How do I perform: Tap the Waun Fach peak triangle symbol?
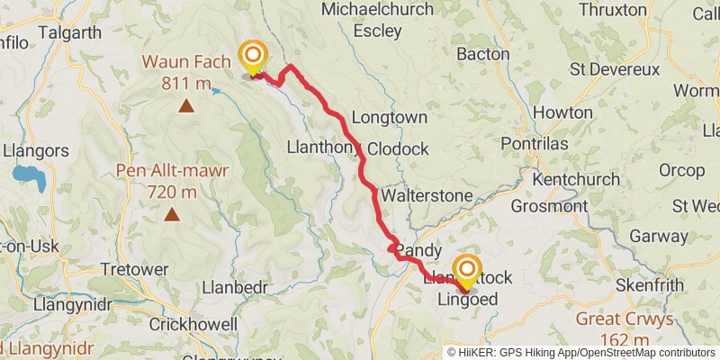tap(186, 106)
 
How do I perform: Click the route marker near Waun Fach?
tap(252, 58)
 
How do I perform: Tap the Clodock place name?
tap(398, 148)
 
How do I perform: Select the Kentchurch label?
tap(576, 179)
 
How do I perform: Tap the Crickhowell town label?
tap(193, 324)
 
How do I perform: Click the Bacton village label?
tap(483, 55)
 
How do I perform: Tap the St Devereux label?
tap(617, 70)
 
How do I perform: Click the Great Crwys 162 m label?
tap(623, 329)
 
